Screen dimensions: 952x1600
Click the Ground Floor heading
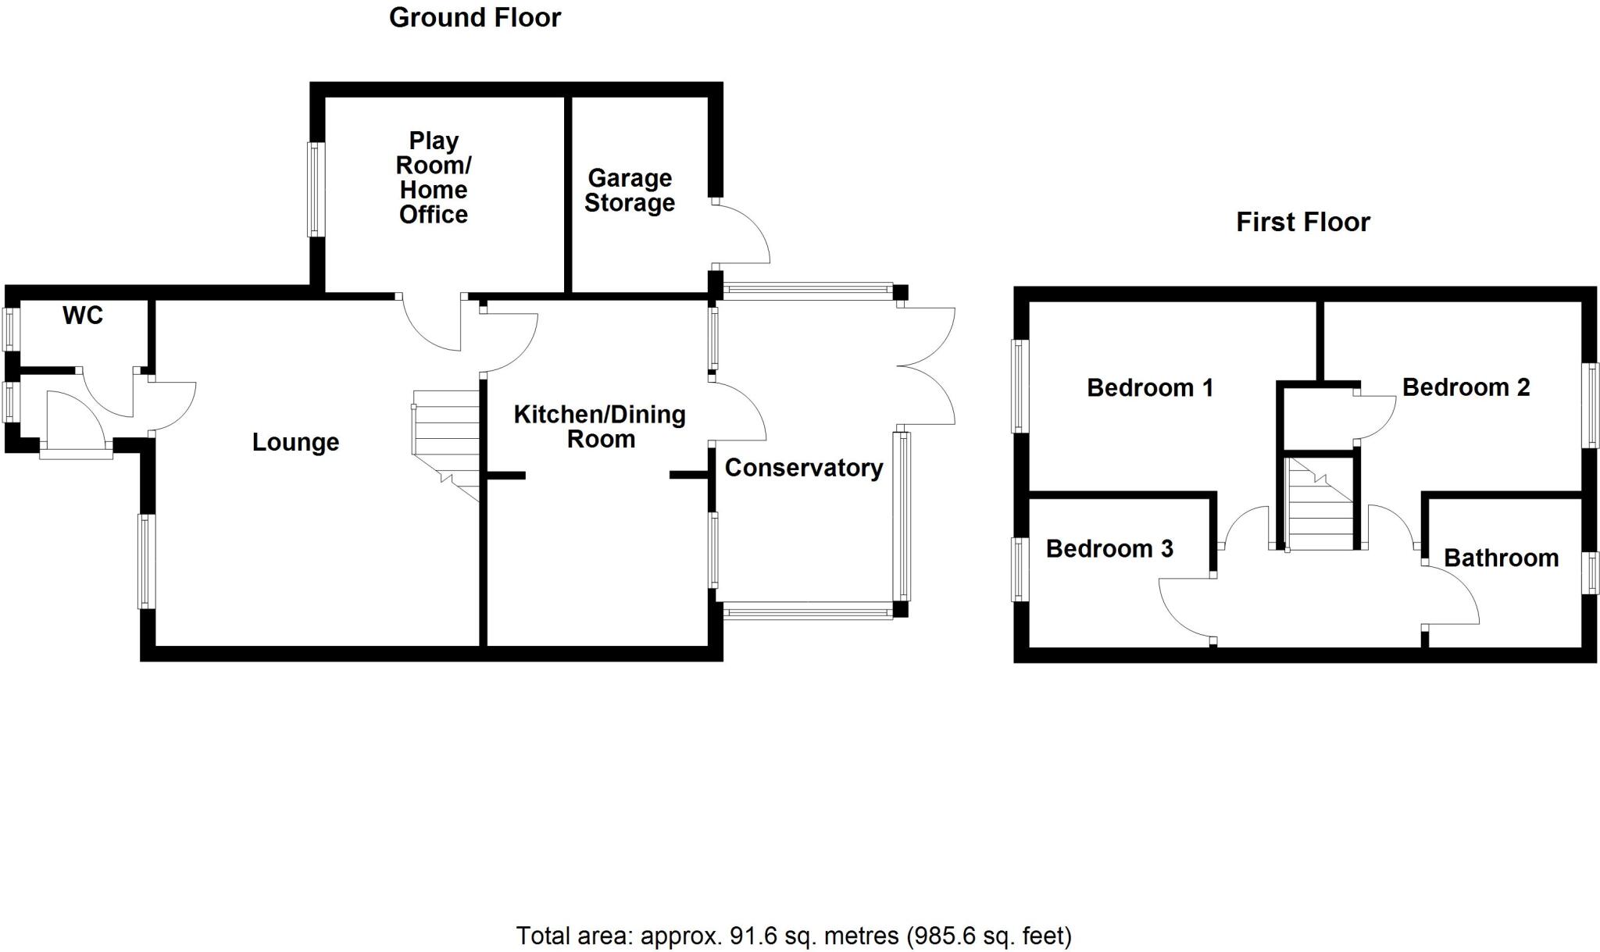coord(475,18)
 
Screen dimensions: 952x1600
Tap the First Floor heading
coord(1302,223)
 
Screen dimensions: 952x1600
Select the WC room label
coord(83,316)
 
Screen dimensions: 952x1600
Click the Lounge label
coord(295,443)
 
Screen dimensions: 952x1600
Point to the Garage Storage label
coord(630,191)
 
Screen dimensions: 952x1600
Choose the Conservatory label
coord(804,468)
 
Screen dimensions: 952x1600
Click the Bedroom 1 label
coord(1150,387)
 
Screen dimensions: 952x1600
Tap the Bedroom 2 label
coord(1466,387)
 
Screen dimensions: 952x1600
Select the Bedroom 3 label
coord(1109,549)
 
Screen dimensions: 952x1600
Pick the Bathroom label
coord(1501,558)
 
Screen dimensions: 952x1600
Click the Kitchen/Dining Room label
coord(600,426)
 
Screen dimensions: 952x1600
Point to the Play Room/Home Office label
coord(434,178)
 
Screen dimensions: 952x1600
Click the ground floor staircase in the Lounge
coord(446,437)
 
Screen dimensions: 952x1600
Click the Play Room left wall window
coord(315,190)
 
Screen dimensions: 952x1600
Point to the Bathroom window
coord(1589,573)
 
